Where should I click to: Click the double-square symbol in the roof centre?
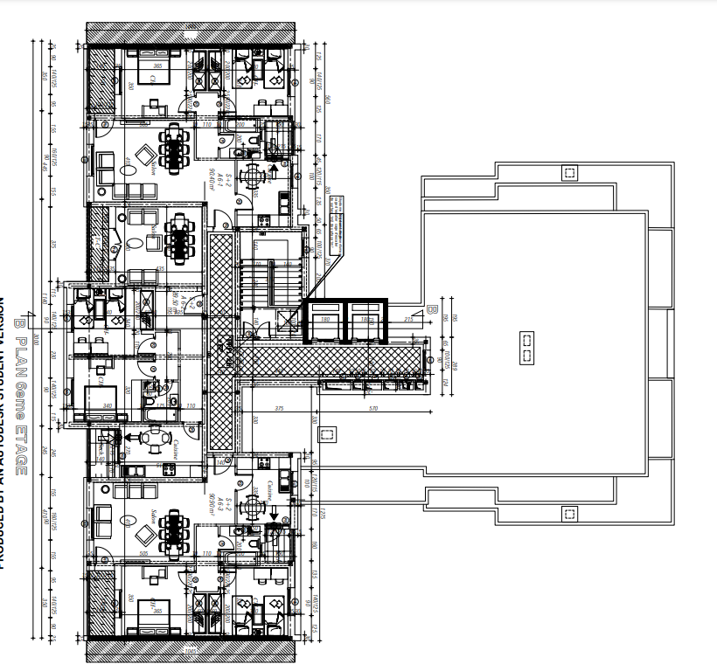point(526,347)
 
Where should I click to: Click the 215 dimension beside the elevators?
point(407,321)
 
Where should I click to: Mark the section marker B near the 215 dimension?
point(430,310)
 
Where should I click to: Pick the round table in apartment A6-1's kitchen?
point(253,176)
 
